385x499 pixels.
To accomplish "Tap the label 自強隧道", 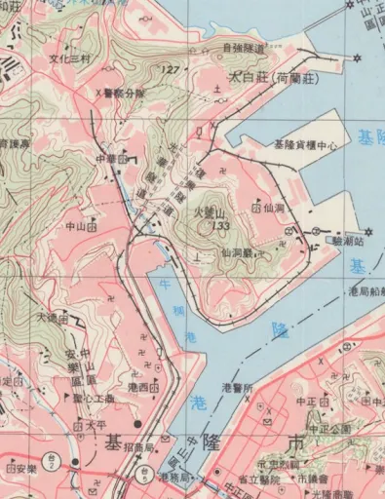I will [245, 46].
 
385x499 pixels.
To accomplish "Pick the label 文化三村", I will [69, 58].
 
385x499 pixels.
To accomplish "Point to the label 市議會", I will [313, 479].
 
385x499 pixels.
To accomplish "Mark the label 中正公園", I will [329, 428].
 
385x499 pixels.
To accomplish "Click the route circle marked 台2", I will [74, 460].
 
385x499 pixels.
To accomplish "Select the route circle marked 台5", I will [144, 475].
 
